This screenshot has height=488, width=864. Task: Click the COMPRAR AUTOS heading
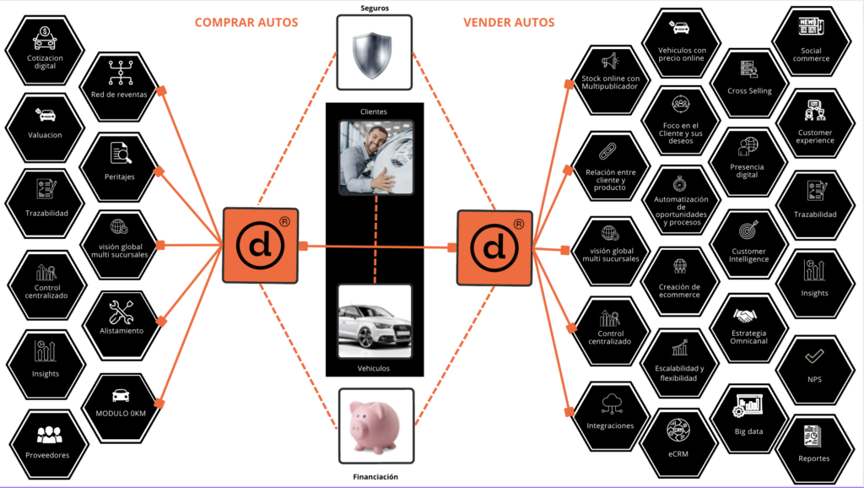tap(246, 23)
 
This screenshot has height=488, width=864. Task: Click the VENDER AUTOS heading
tap(509, 23)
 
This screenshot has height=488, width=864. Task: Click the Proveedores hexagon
tap(46, 443)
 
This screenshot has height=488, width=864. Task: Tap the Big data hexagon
tap(748, 417)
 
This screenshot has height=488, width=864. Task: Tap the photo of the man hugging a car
tap(375, 157)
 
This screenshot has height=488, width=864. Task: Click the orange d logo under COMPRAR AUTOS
tap(260, 245)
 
